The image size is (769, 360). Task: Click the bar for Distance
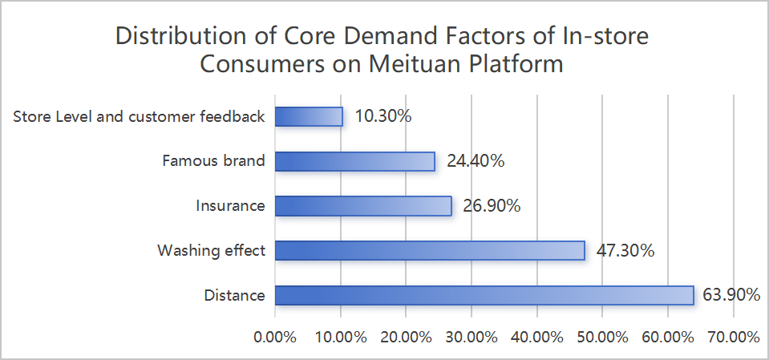point(484,295)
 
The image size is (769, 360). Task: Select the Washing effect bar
point(430,250)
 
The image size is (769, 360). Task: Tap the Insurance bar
point(363,205)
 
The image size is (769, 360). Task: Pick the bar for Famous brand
point(354,161)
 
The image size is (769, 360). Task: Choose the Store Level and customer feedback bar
point(309,116)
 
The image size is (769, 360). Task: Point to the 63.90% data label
point(731,295)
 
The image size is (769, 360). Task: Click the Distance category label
point(234,295)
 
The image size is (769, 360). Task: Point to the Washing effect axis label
point(211,250)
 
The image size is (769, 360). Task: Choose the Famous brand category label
point(212,161)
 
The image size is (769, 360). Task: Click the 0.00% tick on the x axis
point(275,338)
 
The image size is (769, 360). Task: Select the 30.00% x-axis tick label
point(471,338)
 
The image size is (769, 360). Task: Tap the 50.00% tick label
point(601,338)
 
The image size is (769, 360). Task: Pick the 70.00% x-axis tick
point(732,338)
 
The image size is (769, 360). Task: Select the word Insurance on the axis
point(230,205)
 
